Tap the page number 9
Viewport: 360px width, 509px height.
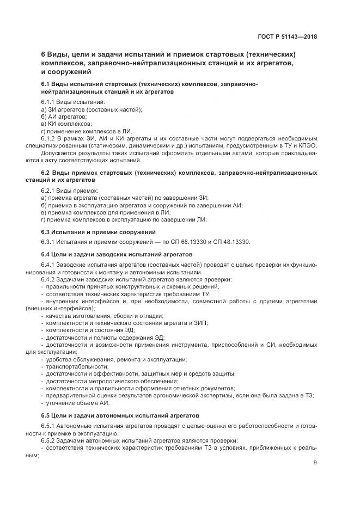click(315, 463)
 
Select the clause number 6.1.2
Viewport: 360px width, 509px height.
click(50, 139)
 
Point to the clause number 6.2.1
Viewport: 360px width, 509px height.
click(50, 190)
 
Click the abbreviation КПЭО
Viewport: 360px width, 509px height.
click(307, 146)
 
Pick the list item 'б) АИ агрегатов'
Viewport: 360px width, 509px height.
click(64, 117)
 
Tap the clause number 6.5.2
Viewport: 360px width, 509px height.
click(50, 439)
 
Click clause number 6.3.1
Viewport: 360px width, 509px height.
click(50, 241)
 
